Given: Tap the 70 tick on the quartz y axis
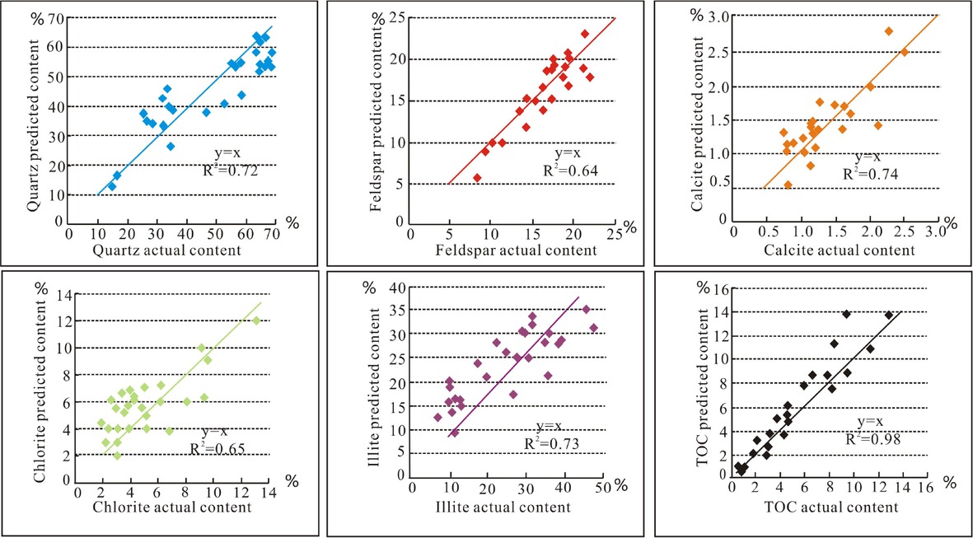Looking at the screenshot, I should [x=56, y=17].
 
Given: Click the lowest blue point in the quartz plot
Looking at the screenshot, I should [x=111, y=186].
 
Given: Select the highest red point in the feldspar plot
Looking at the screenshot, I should [x=585, y=34].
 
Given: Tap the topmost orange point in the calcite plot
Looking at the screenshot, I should [x=889, y=31].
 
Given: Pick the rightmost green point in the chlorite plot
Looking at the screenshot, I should [x=256, y=320].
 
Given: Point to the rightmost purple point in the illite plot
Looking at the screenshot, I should [x=593, y=328].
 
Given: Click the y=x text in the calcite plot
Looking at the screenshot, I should [x=867, y=157].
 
